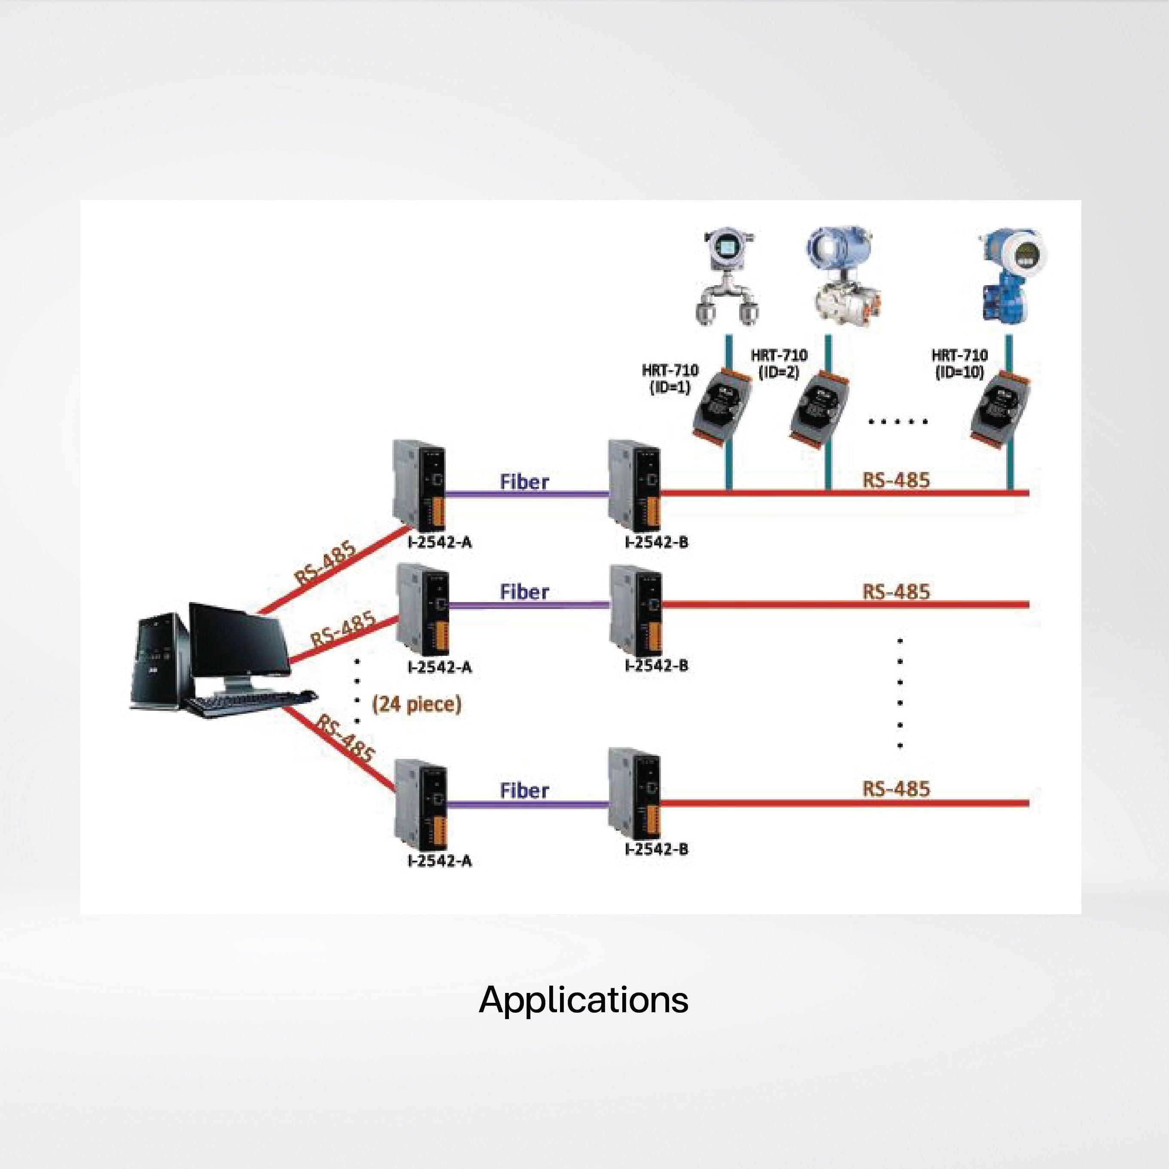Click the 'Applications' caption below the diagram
click(583, 1000)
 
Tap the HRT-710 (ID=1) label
click(670, 378)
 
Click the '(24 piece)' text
click(417, 704)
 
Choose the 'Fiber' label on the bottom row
click(525, 790)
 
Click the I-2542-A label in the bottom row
click(440, 860)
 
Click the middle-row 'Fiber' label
click(525, 592)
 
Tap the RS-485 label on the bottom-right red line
click(895, 789)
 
